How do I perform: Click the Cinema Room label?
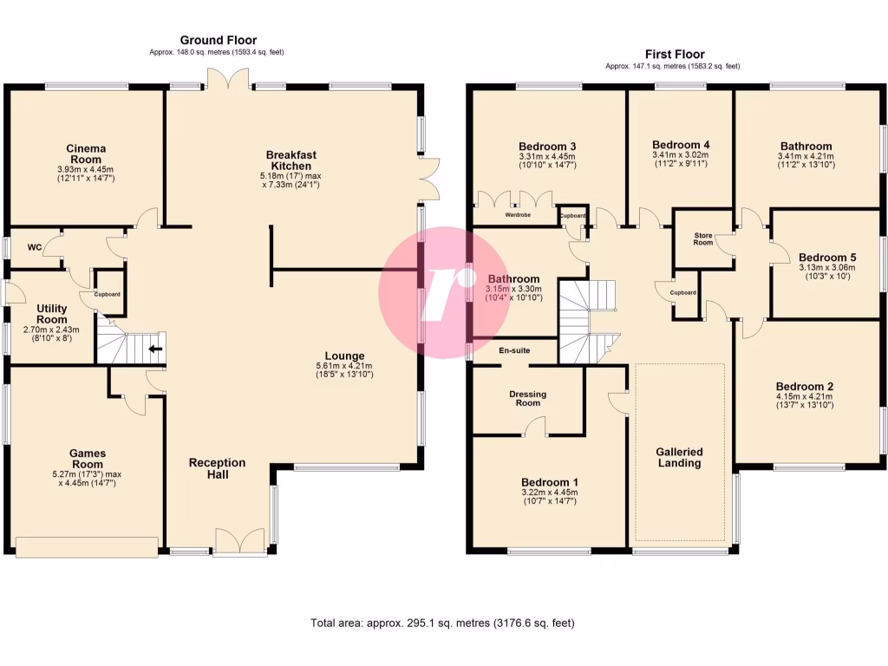pyautogui.click(x=86, y=153)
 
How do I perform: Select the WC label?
pyautogui.click(x=35, y=247)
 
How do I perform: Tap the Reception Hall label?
pyautogui.click(x=217, y=468)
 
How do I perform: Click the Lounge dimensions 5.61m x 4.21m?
pyautogui.click(x=344, y=370)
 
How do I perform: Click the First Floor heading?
pyautogui.click(x=675, y=54)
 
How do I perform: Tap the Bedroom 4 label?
pyautogui.click(x=681, y=144)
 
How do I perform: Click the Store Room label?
pyautogui.click(x=702, y=238)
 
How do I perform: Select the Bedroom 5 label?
pyautogui.click(x=821, y=258)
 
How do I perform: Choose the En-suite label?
pyautogui.click(x=513, y=350)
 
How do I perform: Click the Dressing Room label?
pyautogui.click(x=527, y=399)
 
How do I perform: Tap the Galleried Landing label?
pyautogui.click(x=679, y=457)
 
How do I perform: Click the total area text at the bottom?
pyautogui.click(x=442, y=623)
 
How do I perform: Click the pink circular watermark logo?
pyautogui.click(x=444, y=292)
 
